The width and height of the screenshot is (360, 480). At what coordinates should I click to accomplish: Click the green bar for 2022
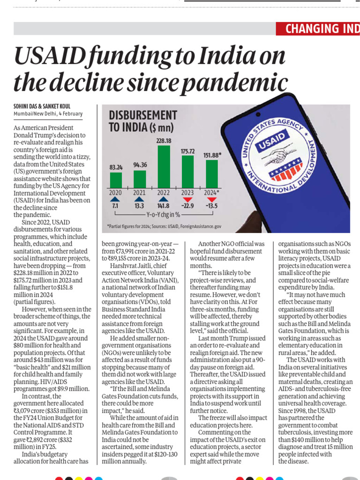point(164,166)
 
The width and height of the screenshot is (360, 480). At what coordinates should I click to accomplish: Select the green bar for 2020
point(116,180)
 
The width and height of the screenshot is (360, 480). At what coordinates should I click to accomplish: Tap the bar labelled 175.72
point(187,172)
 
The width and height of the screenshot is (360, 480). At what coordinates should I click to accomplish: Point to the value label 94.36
point(140,165)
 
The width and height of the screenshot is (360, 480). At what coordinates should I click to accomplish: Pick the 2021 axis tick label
point(140,193)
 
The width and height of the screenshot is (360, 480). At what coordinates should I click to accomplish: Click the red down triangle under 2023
point(187,200)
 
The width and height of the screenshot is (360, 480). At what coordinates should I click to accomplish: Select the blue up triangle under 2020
point(115,200)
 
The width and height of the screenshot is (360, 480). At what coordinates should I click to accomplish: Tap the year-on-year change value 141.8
point(164,206)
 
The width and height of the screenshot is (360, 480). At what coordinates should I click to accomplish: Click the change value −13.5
point(212,206)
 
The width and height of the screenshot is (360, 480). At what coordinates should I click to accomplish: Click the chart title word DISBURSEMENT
point(142,115)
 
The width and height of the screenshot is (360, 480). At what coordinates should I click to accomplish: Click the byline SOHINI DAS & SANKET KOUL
point(42,106)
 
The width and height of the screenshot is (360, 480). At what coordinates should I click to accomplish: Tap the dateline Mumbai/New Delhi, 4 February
point(48,113)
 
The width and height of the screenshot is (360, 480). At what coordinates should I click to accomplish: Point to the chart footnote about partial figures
point(164,226)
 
